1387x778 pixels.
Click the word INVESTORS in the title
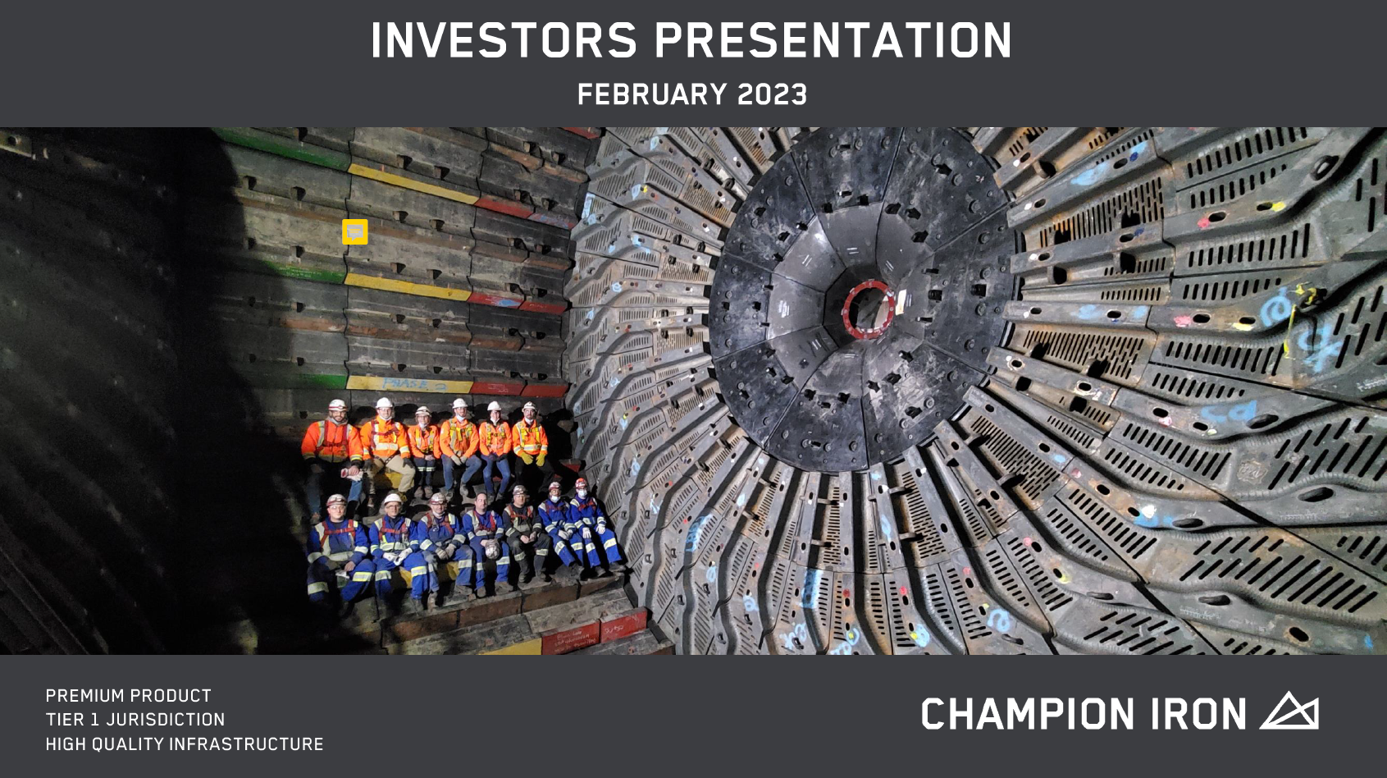pyautogui.click(x=504, y=40)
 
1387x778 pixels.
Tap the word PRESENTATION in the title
pyautogui.click(x=833, y=40)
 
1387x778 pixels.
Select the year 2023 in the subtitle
pyautogui.click(x=772, y=94)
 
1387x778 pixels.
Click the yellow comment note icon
pyautogui.click(x=355, y=231)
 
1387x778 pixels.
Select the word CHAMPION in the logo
pyautogui.click(x=1028, y=714)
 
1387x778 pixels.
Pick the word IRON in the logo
pyautogui.click(x=1198, y=714)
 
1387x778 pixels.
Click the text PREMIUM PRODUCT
pyautogui.click(x=128, y=696)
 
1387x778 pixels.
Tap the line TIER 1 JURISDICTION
pyautogui.click(x=135, y=720)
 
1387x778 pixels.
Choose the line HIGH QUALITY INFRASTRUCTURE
pyautogui.click(x=185, y=744)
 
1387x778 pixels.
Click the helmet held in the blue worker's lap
pyautogui.click(x=492, y=547)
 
